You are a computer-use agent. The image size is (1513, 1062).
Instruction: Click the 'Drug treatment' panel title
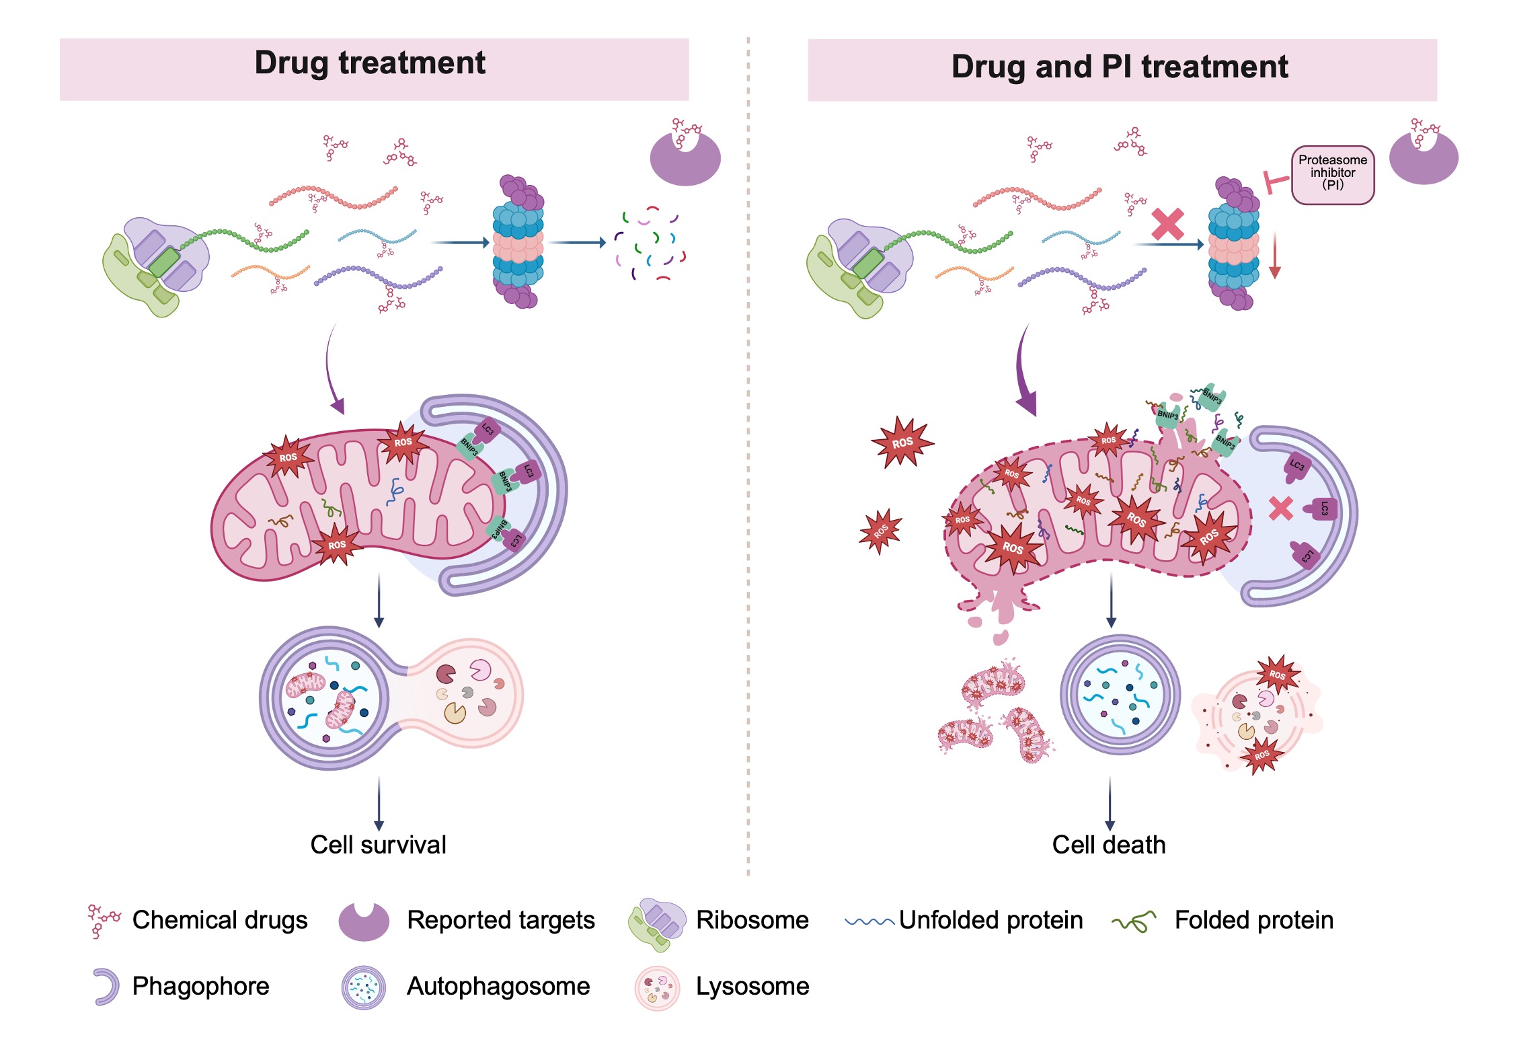[370, 63]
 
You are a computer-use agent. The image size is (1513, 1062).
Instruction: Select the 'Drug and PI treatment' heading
[1119, 67]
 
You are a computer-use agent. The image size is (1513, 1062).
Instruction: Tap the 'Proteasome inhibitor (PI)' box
[1332, 174]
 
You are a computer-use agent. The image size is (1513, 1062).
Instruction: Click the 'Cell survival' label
[378, 845]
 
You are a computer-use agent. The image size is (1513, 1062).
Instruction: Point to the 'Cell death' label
[1108, 845]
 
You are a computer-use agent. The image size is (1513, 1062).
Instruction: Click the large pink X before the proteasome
[1167, 225]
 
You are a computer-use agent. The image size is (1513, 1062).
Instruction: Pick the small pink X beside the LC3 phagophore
[1280, 508]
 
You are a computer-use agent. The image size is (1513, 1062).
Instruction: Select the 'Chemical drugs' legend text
[220, 920]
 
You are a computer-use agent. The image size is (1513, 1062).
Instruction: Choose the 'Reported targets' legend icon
[364, 921]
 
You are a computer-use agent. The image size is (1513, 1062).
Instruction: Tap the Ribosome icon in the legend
[656, 923]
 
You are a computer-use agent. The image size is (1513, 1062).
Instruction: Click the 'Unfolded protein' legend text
[991, 920]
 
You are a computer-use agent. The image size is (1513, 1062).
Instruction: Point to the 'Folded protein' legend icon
[1134, 921]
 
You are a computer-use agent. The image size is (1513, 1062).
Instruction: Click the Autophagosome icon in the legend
[364, 987]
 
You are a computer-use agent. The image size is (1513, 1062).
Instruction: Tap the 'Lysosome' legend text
[752, 987]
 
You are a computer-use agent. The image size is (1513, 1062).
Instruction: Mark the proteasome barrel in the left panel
[518, 242]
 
